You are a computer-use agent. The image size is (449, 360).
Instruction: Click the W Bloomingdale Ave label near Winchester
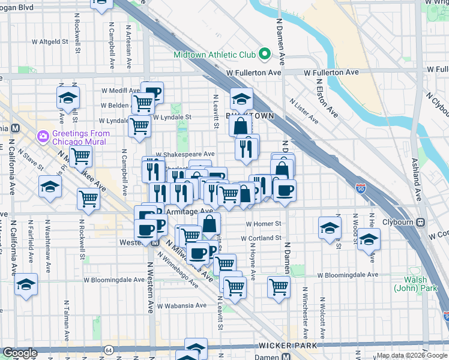(x=348, y=275)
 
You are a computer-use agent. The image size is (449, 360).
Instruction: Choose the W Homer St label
(x=264, y=224)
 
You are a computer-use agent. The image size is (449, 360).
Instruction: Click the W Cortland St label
(x=261, y=238)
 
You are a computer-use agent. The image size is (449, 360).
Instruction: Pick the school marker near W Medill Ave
(x=68, y=98)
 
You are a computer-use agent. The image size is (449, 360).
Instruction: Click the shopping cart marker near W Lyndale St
(x=139, y=126)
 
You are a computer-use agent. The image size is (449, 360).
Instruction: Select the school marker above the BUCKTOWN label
(x=241, y=99)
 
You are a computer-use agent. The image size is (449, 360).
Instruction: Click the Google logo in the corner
(x=19, y=353)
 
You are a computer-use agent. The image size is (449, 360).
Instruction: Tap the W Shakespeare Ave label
(x=185, y=154)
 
